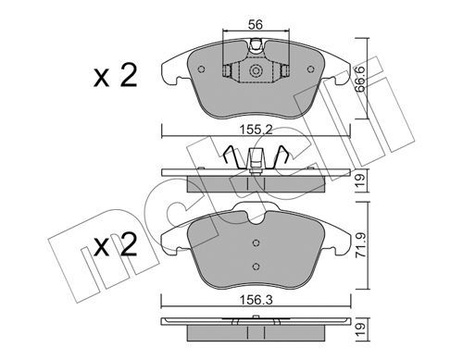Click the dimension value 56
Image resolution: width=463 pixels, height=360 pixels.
pyautogui.click(x=256, y=24)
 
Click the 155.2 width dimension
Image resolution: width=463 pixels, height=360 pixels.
pyautogui.click(x=257, y=130)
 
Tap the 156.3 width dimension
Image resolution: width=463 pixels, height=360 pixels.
pyautogui.click(x=257, y=300)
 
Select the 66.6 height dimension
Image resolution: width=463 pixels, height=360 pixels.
pyautogui.click(x=360, y=79)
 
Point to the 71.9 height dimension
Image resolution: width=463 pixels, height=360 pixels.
pyautogui.click(x=361, y=245)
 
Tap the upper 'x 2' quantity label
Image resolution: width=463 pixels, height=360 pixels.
pyautogui.click(x=115, y=76)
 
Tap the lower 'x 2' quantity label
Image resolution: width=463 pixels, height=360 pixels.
pyautogui.click(x=115, y=245)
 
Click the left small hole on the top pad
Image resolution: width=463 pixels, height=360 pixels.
pyautogui.click(x=202, y=69)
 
